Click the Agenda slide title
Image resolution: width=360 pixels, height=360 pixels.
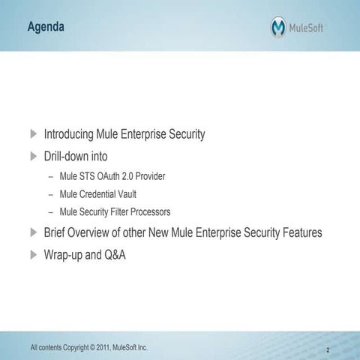(x=46, y=28)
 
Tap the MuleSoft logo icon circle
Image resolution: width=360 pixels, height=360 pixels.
(x=278, y=28)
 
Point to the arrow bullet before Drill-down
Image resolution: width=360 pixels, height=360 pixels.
(x=33, y=156)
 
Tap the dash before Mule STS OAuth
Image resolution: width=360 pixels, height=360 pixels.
(x=50, y=176)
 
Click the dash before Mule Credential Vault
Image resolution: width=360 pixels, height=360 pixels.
(x=50, y=194)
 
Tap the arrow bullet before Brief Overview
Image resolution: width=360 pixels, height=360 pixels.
(x=33, y=232)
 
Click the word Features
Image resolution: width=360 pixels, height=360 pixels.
(x=299, y=232)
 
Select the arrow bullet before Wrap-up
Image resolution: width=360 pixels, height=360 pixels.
(x=33, y=255)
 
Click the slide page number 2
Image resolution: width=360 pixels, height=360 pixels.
(x=328, y=349)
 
